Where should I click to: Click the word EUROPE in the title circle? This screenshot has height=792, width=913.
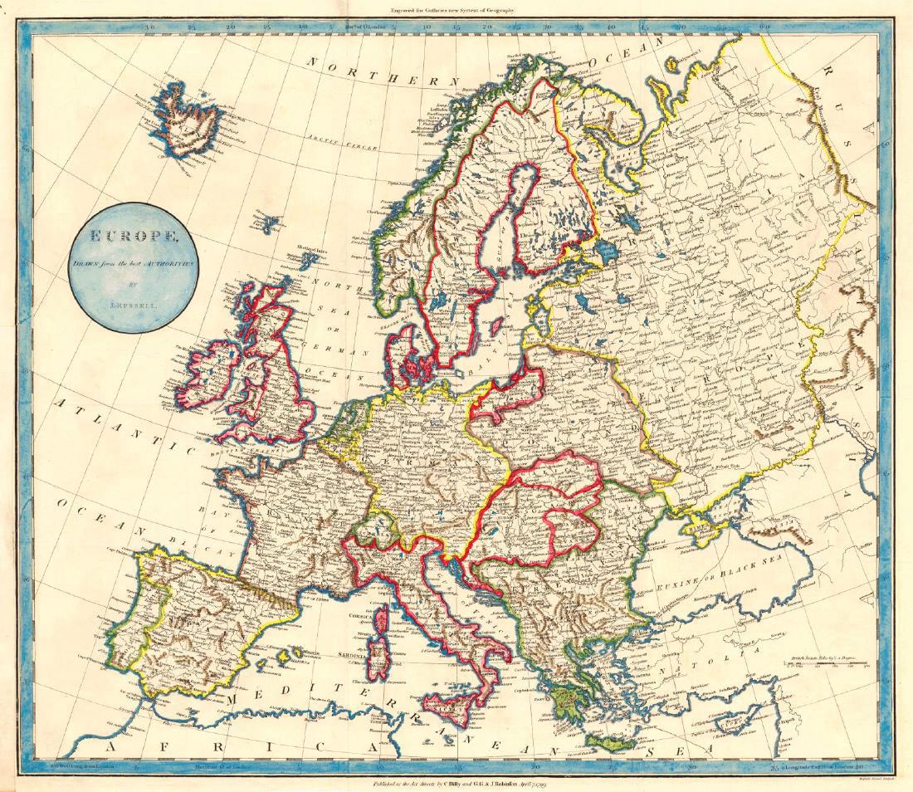[133, 236]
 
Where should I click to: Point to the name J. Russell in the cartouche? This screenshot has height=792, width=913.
[133, 305]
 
